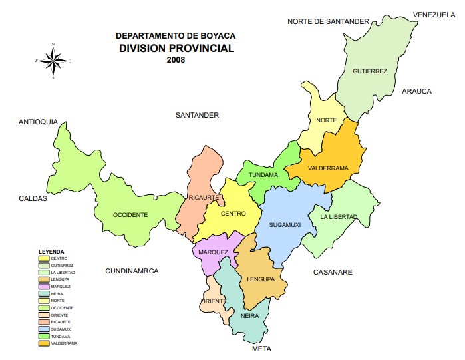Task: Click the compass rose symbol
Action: pyautogui.click(x=53, y=61)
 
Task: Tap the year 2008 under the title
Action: pyautogui.click(x=176, y=59)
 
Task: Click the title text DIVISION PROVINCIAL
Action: pyautogui.click(x=176, y=48)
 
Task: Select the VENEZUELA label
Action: pyautogui.click(x=434, y=15)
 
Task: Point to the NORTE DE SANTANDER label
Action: pyautogui.click(x=328, y=21)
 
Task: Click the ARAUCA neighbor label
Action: pyautogui.click(x=417, y=91)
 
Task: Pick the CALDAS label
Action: pyautogui.click(x=33, y=198)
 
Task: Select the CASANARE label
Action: pyautogui.click(x=333, y=272)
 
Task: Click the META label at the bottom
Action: pyautogui.click(x=262, y=349)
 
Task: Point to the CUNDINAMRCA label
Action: pyautogui.click(x=132, y=271)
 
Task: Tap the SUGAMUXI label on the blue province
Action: pyautogui.click(x=285, y=225)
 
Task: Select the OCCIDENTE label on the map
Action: pyautogui.click(x=130, y=214)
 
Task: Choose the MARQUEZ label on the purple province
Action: pyautogui.click(x=213, y=252)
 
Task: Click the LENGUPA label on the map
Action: pyautogui.click(x=261, y=279)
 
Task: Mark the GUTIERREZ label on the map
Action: pyautogui.click(x=370, y=71)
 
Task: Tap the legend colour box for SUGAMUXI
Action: pyautogui.click(x=44, y=329)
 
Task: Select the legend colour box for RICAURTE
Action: pyautogui.click(x=44, y=321)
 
